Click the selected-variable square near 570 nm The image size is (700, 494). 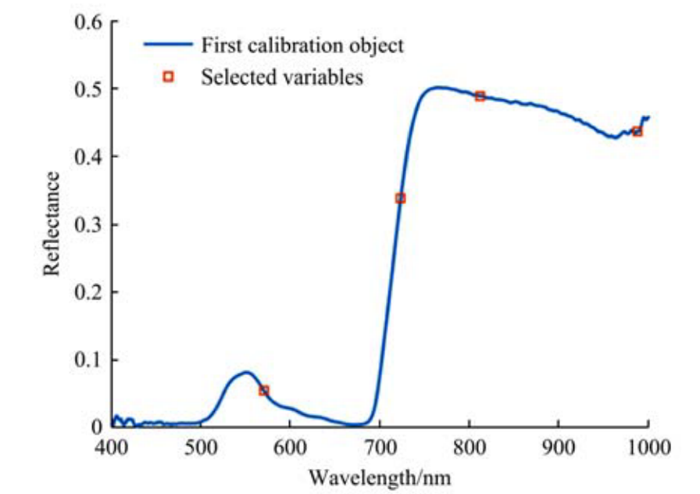coord(264,390)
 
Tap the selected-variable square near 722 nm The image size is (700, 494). coord(401,199)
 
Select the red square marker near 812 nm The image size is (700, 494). coord(480,96)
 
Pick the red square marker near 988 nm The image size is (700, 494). coord(637,131)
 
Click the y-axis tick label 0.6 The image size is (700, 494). coord(88,21)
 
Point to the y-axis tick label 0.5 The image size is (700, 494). coord(88,89)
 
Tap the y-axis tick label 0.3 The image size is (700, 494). coord(88,224)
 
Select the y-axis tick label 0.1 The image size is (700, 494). coord(88,360)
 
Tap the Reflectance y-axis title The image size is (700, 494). coord(52,224)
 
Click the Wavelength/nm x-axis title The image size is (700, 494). coord(380,475)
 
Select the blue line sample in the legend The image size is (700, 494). coord(167,45)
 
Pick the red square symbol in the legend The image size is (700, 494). coord(167,77)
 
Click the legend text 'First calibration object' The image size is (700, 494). coord(302,45)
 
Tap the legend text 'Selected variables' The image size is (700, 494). coord(282,77)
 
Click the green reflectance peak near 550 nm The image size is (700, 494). coord(245,372)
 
